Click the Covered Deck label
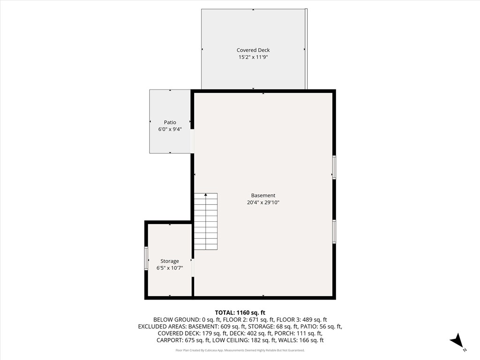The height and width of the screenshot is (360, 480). pos(253,50)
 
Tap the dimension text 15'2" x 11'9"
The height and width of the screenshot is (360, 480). pos(253,57)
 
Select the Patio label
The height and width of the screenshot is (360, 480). pos(170,122)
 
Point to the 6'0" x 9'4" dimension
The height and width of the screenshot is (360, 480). pos(170,129)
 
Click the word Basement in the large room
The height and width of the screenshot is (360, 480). pos(263,195)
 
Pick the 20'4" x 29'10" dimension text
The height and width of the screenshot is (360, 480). pos(263,202)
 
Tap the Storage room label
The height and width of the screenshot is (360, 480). pos(170,261)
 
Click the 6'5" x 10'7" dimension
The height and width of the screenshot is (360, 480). pos(170,268)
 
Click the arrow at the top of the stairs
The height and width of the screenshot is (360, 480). pos(206,195)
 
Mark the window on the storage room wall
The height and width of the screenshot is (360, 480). pos(146,258)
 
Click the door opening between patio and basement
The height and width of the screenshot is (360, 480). pos(192,141)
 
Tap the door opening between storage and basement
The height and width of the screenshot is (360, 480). pos(193,267)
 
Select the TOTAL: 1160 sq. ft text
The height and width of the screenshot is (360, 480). pos(240,313)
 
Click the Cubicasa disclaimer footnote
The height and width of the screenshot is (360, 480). pos(240,350)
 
